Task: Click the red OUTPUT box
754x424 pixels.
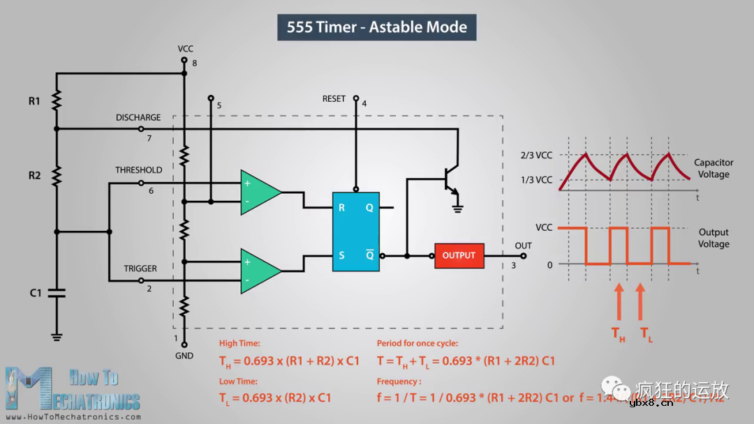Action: (459, 255)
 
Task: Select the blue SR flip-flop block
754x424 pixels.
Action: (355, 232)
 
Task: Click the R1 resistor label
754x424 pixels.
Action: (34, 101)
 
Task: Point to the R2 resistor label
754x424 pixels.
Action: (34, 175)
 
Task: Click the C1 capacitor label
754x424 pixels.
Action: (36, 293)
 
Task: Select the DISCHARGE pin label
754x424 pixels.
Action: (138, 118)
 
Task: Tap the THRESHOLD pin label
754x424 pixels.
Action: (138, 170)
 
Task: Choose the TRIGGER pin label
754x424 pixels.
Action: (140, 268)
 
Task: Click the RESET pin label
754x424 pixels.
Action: (334, 99)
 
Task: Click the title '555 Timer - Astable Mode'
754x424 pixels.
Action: (376, 27)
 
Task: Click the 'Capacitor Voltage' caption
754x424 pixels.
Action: (714, 168)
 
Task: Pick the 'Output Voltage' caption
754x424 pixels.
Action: (714, 238)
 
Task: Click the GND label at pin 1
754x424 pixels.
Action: (184, 356)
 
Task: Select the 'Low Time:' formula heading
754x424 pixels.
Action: (238, 381)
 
